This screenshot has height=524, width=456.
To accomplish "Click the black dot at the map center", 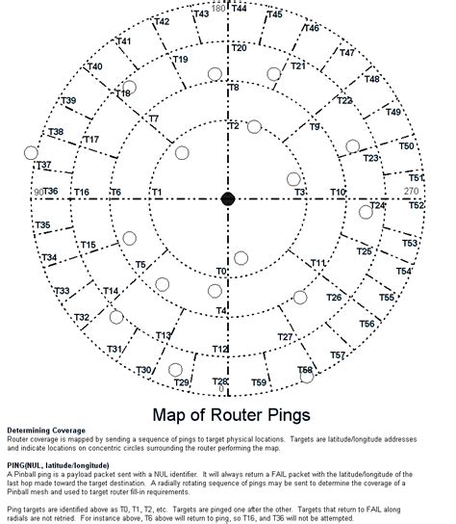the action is (228, 198).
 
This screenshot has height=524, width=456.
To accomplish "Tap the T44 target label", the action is (240, 9).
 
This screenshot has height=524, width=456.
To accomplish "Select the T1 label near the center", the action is (156, 193).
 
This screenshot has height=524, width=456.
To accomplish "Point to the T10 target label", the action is (338, 193).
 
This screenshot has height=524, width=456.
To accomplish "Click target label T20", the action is (240, 48).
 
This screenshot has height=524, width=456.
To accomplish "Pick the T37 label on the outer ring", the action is (43, 166).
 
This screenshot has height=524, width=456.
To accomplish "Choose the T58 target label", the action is (305, 370).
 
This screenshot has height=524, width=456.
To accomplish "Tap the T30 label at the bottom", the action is (143, 370).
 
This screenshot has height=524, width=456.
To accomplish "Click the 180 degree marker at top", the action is (218, 9).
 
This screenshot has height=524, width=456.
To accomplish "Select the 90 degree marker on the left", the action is (38, 192).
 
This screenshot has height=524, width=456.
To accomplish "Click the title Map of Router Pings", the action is (231, 415).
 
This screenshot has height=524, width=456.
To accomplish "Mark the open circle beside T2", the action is (254, 126).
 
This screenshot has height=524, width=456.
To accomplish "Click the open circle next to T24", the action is (366, 212).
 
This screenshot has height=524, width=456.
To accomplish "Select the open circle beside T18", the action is (130, 87).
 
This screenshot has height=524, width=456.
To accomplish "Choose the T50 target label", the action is (407, 146).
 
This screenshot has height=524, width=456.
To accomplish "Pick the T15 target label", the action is (88, 246).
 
